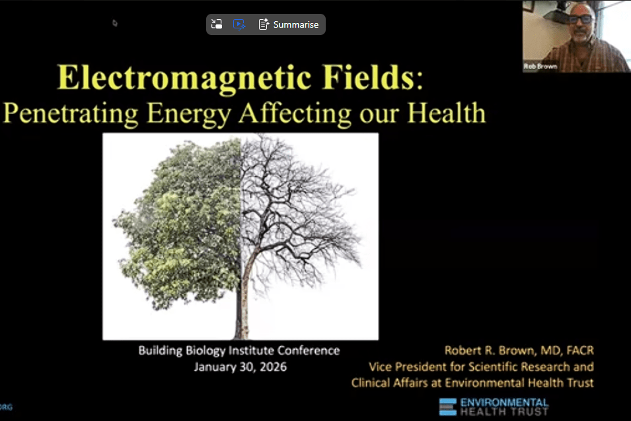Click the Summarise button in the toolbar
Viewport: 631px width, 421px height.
289,24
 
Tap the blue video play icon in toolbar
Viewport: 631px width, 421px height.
239,24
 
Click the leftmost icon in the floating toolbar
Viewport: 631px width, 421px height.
216,24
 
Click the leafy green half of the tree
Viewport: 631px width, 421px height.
178,224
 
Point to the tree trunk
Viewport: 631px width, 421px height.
239,317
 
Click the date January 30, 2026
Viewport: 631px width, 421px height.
240,367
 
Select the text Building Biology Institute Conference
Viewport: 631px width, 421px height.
239,351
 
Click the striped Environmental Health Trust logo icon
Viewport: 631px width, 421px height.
448,406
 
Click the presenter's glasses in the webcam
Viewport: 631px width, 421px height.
580,19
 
